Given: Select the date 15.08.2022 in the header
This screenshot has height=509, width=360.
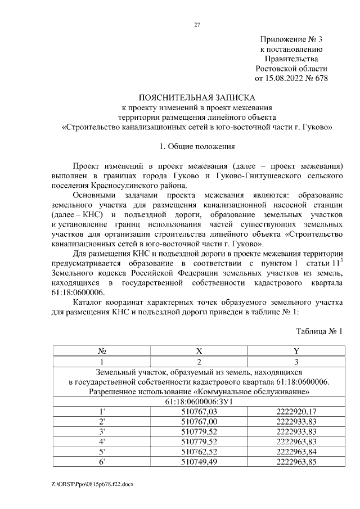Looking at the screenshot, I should (x=284, y=78).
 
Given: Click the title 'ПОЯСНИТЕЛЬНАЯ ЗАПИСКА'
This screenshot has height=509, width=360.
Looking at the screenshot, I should (x=197, y=97).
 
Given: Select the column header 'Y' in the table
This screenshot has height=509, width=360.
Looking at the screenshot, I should (x=296, y=351).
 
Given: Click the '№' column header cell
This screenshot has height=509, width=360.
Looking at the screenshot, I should (x=102, y=351).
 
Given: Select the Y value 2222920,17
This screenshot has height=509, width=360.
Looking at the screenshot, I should (x=296, y=412).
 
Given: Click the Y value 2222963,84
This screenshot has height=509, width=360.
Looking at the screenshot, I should (x=296, y=452).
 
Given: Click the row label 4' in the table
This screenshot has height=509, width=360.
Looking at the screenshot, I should (x=102, y=442).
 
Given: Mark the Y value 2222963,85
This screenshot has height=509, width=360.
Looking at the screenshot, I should (x=296, y=462).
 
